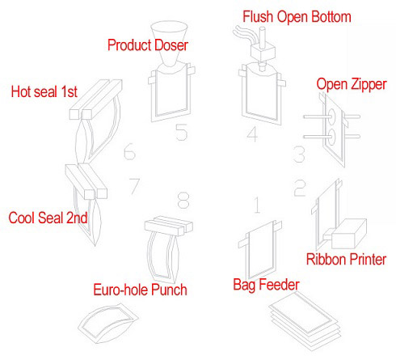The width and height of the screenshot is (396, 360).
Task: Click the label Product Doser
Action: click(x=148, y=45)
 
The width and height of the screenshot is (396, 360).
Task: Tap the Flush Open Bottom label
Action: click(x=297, y=16)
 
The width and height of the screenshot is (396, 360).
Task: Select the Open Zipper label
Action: click(x=352, y=84)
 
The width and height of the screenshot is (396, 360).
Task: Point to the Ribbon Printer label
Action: click(x=346, y=259)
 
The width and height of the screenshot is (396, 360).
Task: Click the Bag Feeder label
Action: click(x=266, y=285)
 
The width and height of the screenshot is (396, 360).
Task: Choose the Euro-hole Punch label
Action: click(x=140, y=290)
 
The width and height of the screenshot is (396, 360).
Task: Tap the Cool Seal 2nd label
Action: click(x=48, y=218)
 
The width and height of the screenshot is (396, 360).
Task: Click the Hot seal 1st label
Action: click(x=44, y=91)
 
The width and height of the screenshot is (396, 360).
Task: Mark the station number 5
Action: click(x=182, y=132)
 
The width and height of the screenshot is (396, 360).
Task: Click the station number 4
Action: click(x=252, y=133)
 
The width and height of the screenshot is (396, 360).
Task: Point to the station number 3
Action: click(x=299, y=155)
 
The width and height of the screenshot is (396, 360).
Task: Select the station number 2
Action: click(x=300, y=188)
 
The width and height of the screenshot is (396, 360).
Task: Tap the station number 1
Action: click(x=257, y=205)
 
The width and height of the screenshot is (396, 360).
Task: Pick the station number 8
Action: click(x=183, y=200)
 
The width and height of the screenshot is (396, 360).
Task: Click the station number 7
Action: click(x=134, y=186)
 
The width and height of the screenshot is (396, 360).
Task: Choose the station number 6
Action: click(x=129, y=151)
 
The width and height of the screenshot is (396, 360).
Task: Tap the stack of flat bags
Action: click(x=305, y=321)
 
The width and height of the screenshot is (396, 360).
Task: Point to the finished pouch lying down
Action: click(x=108, y=323)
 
